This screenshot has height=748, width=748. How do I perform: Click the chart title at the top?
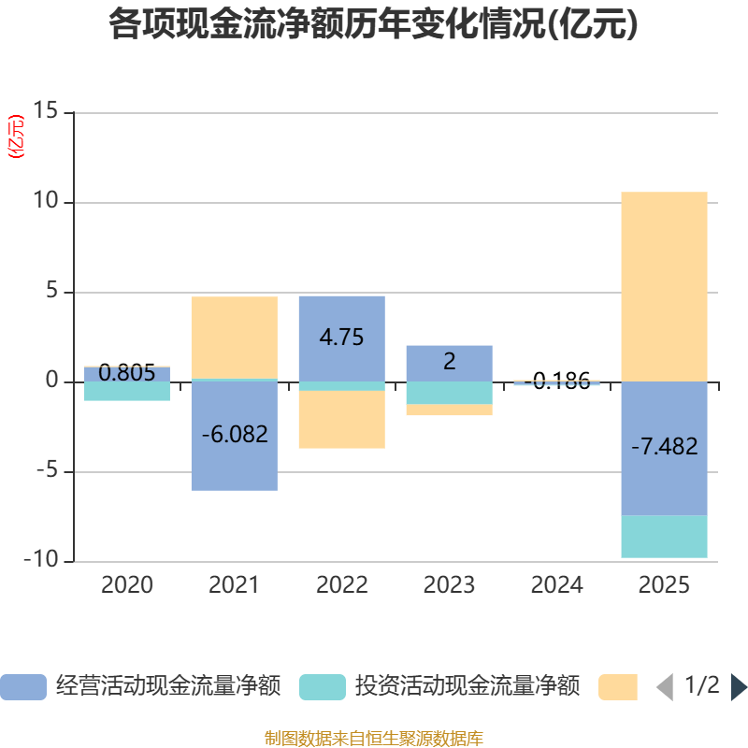click(373, 25)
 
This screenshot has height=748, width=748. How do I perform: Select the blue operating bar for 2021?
click(234, 467)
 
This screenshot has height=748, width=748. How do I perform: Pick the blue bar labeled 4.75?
click(341, 318)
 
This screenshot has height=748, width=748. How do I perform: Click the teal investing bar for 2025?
click(664, 537)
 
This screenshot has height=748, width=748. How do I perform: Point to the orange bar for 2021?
click(234, 338)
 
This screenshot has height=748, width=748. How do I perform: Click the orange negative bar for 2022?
click(341, 420)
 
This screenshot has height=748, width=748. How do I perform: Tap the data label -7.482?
click(664, 447)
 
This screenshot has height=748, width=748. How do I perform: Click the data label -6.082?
click(234, 435)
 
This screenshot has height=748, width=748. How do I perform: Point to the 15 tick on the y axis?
click(45, 112)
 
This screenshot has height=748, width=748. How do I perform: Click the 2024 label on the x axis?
click(556, 586)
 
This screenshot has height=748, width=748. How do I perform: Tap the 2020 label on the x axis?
click(126, 586)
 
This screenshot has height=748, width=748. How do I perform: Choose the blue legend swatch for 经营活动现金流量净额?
click(22, 687)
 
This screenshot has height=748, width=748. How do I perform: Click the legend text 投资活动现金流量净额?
click(467, 687)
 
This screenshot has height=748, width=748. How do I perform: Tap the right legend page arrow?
click(739, 687)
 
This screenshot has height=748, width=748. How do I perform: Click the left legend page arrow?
click(665, 687)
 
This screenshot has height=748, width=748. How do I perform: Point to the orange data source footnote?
click(373, 739)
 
